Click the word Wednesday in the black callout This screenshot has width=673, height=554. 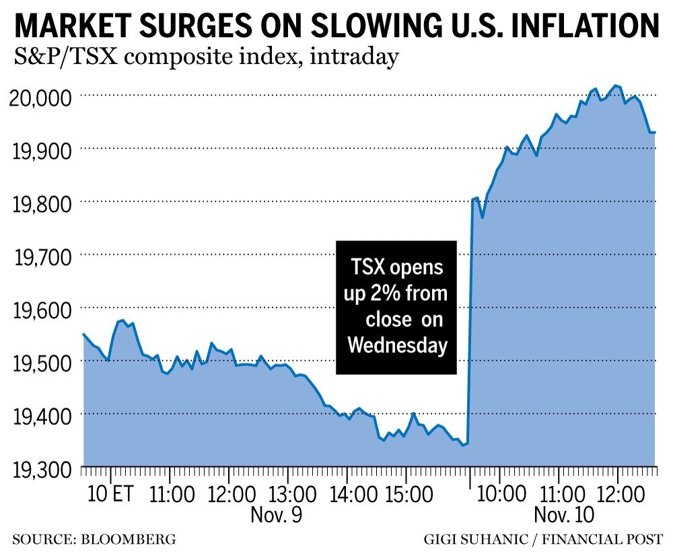[397, 345]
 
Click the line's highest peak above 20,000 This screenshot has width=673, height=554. [616, 85]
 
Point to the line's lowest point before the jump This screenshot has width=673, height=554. [462, 445]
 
